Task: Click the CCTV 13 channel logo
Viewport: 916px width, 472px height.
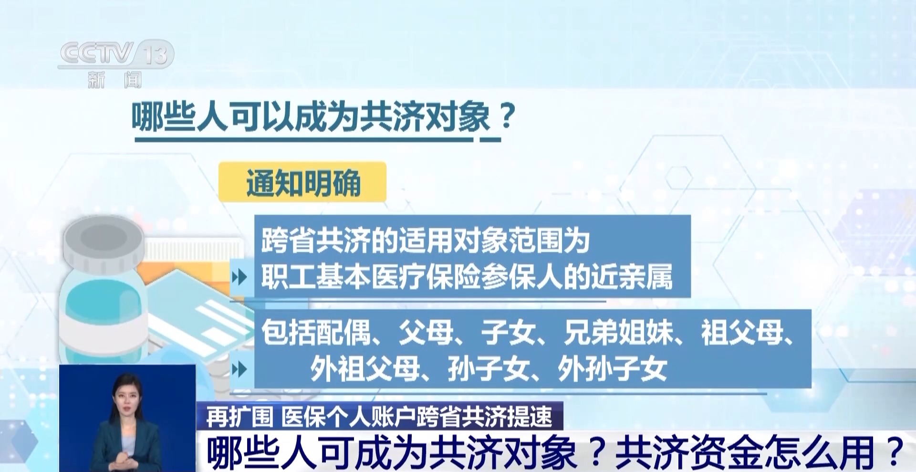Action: tap(116, 53)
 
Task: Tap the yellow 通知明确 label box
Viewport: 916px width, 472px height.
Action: tap(302, 182)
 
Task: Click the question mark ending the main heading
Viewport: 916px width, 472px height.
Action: tap(507, 116)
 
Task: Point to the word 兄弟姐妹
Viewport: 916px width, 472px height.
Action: tap(618, 332)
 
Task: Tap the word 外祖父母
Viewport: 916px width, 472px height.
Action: tap(365, 369)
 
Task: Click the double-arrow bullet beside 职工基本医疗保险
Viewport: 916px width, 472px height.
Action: tap(239, 277)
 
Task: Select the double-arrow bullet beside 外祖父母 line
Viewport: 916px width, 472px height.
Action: tap(239, 369)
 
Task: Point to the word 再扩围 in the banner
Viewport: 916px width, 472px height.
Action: tap(239, 417)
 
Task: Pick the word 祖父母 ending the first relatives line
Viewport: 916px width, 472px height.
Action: tap(742, 332)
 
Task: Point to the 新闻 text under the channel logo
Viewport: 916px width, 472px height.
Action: tap(115, 79)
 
